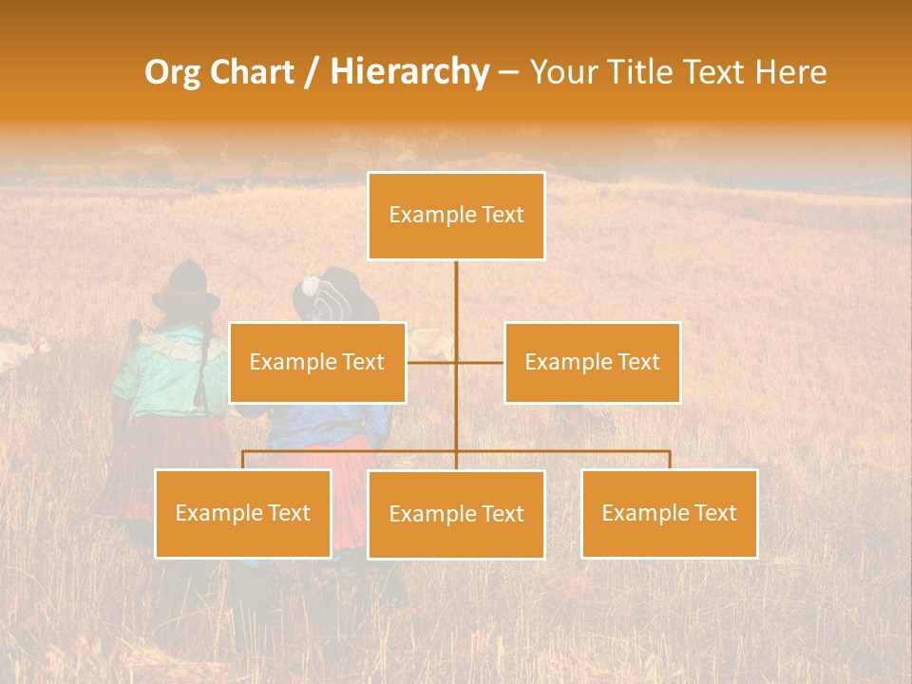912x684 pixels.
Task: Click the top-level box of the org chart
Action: coord(456,216)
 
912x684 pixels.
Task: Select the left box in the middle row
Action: coord(317,362)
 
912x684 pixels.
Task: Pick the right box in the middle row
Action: coord(592,362)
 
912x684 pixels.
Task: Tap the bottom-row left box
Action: coord(243,513)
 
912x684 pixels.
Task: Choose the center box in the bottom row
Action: coord(456,514)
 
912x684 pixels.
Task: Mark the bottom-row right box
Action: coord(669,513)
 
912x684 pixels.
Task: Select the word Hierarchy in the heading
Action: coord(408,72)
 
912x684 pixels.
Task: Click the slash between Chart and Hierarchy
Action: coord(312,73)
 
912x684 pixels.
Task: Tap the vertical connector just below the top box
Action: coord(456,285)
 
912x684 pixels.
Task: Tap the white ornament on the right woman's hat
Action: coord(311,284)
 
